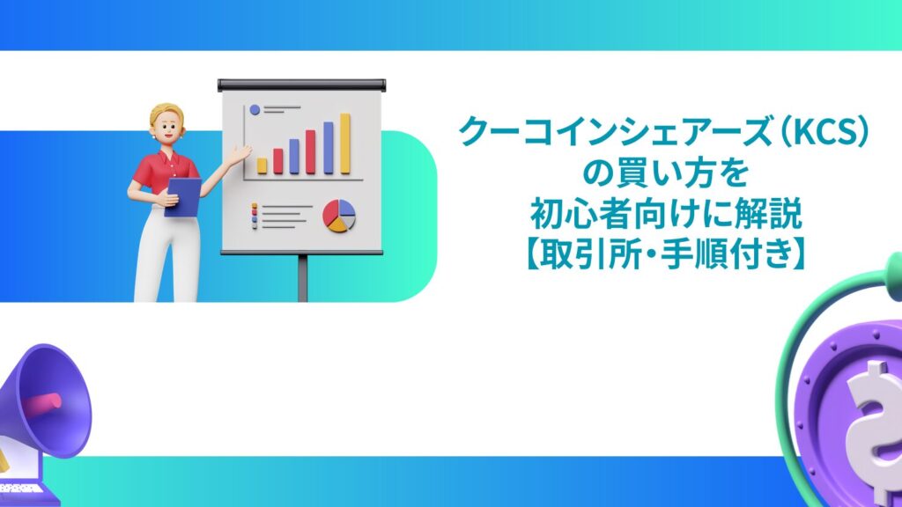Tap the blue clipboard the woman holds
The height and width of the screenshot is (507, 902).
click(183, 195)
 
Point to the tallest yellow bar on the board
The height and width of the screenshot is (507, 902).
click(345, 143)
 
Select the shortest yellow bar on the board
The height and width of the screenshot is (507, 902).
click(262, 165)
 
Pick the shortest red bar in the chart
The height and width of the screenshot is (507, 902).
click(278, 160)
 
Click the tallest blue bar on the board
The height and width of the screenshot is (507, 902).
click(329, 147)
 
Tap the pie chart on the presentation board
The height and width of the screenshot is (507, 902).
click(338, 215)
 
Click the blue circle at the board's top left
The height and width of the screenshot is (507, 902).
click(255, 110)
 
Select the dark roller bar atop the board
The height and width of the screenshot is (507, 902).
click(302, 84)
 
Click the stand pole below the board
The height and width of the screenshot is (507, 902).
click(303, 276)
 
